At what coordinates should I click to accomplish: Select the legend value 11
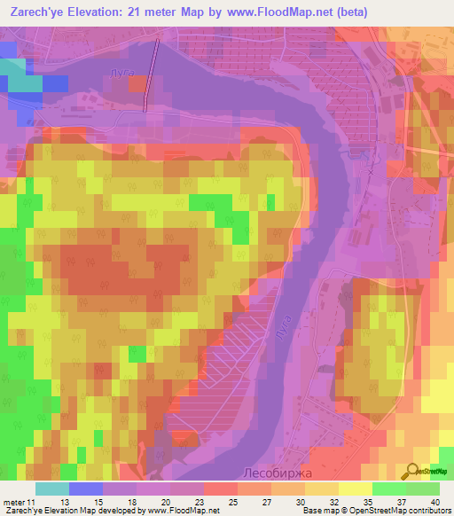pos(33,503)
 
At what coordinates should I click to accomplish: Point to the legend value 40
pos(435,503)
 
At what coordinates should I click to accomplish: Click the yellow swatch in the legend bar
pos(355,489)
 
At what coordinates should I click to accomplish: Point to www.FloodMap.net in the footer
pos(182,512)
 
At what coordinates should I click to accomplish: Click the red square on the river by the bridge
pos(138,84)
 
